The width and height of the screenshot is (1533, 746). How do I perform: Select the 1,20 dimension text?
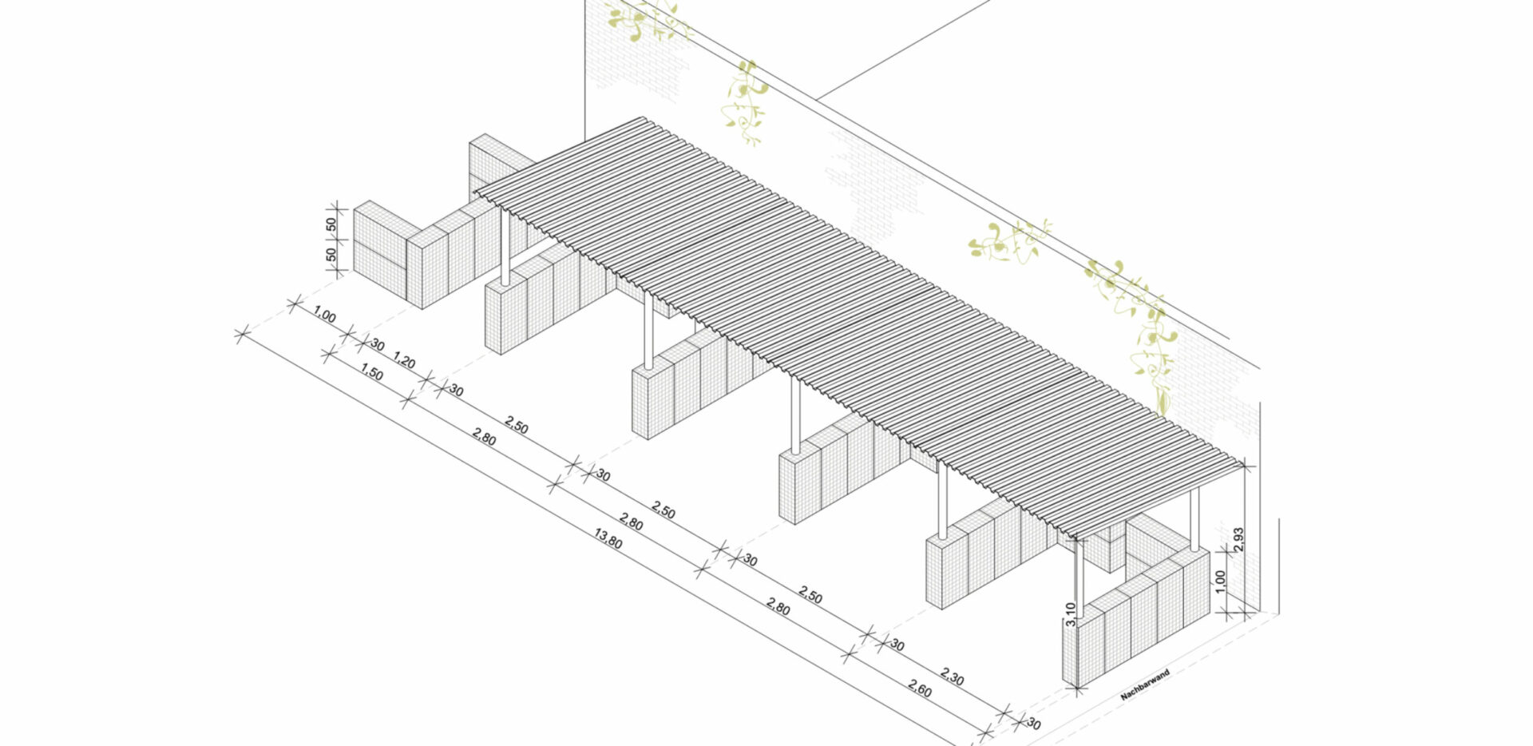click(405, 362)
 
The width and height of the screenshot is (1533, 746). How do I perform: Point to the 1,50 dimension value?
click(372, 372)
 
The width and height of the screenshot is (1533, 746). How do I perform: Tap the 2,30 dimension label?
click(952, 677)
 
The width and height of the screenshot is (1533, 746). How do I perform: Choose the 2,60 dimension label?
click(920, 688)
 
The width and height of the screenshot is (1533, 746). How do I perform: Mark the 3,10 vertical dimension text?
click(1070, 613)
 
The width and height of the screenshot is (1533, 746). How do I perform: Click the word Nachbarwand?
click(1145, 685)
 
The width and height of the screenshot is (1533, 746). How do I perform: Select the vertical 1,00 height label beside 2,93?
click(1219, 581)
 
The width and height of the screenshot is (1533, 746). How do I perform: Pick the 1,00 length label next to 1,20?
click(324, 315)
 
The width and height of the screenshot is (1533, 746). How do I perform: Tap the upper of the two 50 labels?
click(331, 225)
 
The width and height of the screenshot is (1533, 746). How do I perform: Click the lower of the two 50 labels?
click(331, 256)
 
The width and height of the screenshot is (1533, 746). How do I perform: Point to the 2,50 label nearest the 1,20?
click(517, 425)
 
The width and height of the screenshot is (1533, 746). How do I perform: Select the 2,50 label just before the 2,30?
click(810, 596)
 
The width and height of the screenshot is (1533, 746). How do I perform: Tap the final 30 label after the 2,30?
click(1033, 724)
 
